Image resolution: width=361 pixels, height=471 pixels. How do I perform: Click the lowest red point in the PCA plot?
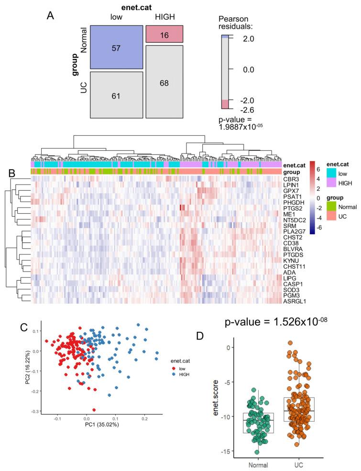pyautogui.click(x=94, y=409)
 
